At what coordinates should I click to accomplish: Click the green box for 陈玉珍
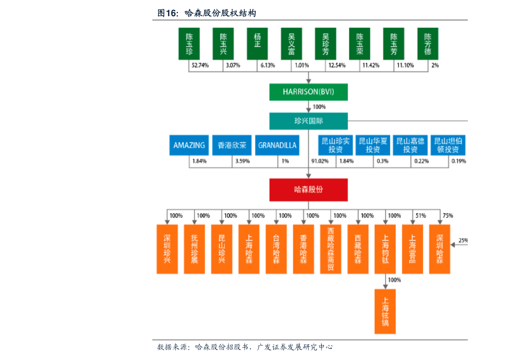pyautogui.click(x=189, y=44)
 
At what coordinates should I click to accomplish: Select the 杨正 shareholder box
pyautogui.click(x=258, y=44)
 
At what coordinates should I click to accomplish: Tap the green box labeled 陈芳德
pyautogui.click(x=428, y=44)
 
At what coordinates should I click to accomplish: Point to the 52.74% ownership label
pyautogui.click(x=200, y=66)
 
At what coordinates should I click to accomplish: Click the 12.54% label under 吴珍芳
pyautogui.click(x=337, y=66)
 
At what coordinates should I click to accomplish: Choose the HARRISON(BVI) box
pyautogui.click(x=309, y=92)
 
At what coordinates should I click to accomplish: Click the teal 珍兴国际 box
pyautogui.click(x=309, y=121)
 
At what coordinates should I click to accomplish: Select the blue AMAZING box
pyautogui.click(x=189, y=145)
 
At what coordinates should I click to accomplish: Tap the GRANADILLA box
pyautogui.click(x=277, y=145)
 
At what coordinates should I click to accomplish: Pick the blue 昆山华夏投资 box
pyautogui.click(x=373, y=145)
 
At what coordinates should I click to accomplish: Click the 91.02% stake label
pyautogui.click(x=320, y=161)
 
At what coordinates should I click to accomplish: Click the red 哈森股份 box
pyautogui.click(x=309, y=190)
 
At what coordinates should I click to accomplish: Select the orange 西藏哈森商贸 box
pyautogui.click(x=331, y=249)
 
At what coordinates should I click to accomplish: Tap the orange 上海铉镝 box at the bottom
pyautogui.click(x=385, y=311)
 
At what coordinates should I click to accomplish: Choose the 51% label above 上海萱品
pyautogui.click(x=421, y=216)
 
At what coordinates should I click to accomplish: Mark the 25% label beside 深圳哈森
pyautogui.click(x=463, y=240)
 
